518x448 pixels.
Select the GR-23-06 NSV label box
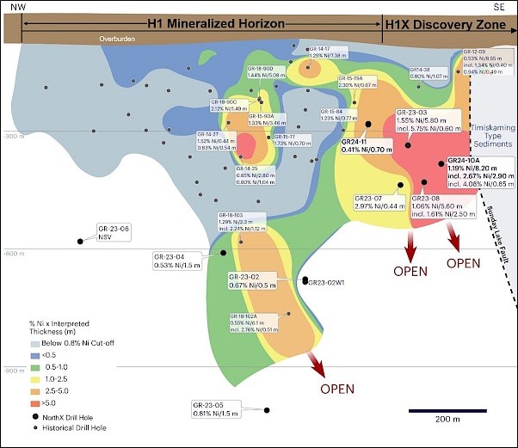click(x=116, y=231)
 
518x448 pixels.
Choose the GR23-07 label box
click(x=379, y=202)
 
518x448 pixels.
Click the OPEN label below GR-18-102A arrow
click(x=336, y=389)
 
